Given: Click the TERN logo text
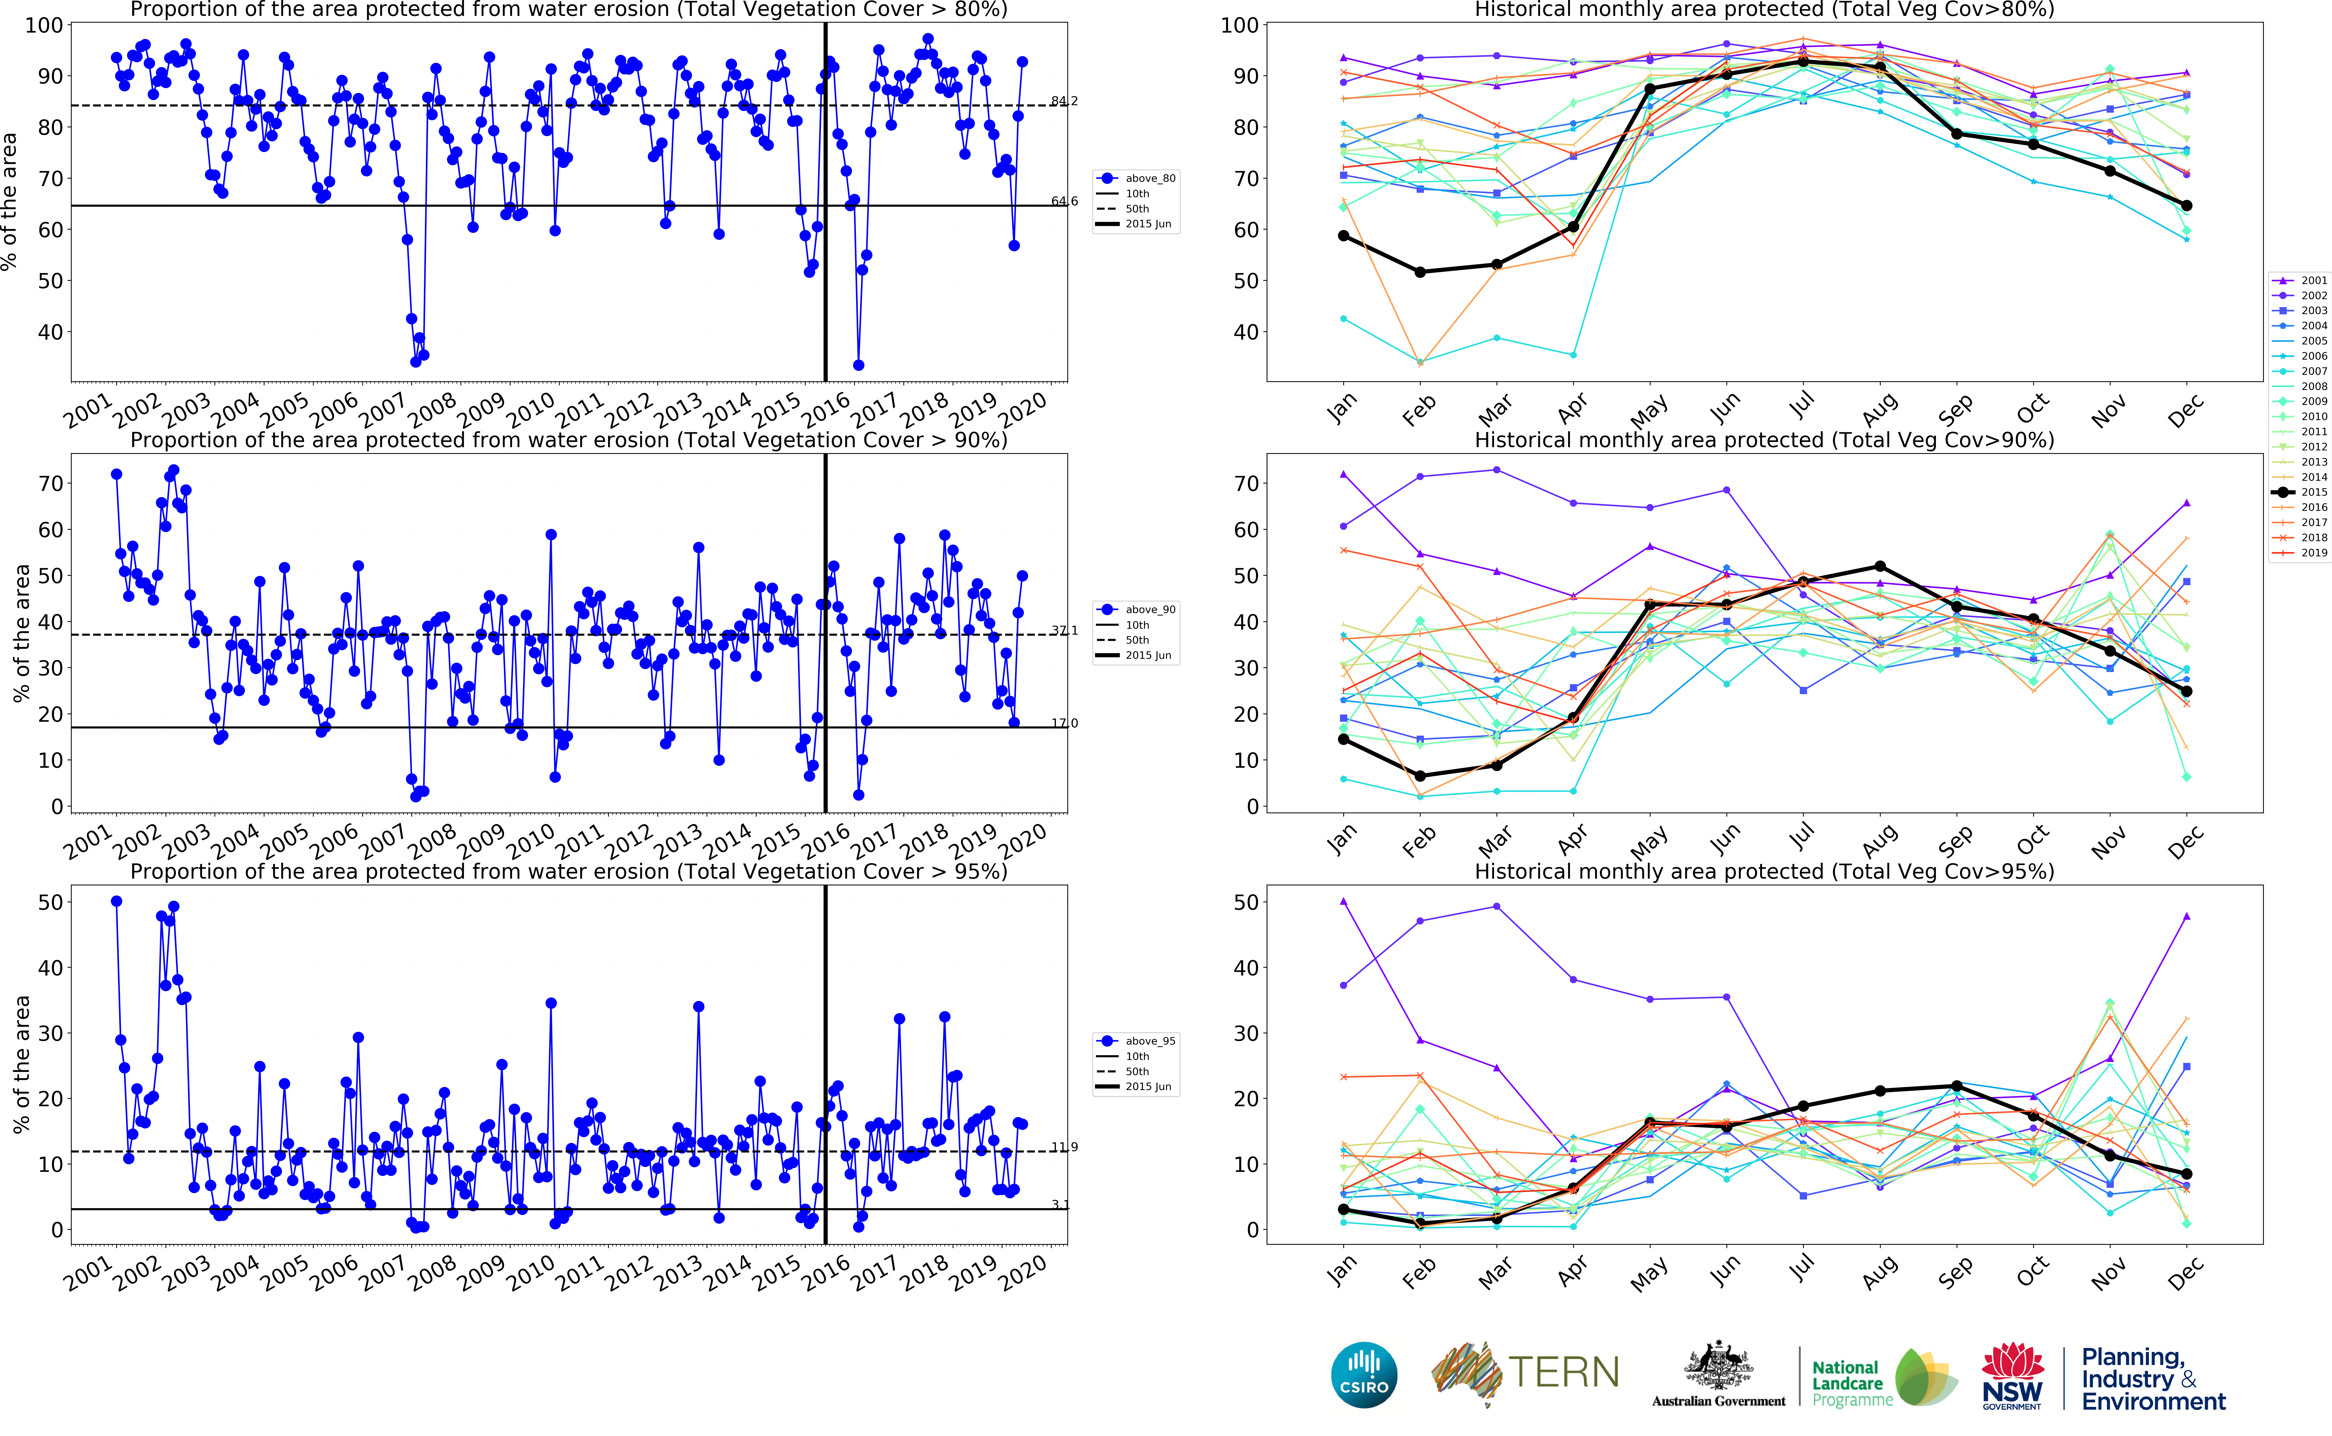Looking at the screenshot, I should click(x=1563, y=1372).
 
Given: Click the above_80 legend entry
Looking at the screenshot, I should click(x=1149, y=179).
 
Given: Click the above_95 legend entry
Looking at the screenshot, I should click(x=1149, y=1041).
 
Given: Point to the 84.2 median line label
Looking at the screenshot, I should click(x=1064, y=102).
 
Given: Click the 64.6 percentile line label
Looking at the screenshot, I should click(x=1064, y=201).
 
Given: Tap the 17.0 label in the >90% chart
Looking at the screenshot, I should click(x=1064, y=724).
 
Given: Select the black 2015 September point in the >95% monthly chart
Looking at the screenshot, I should click(x=1957, y=1086).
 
